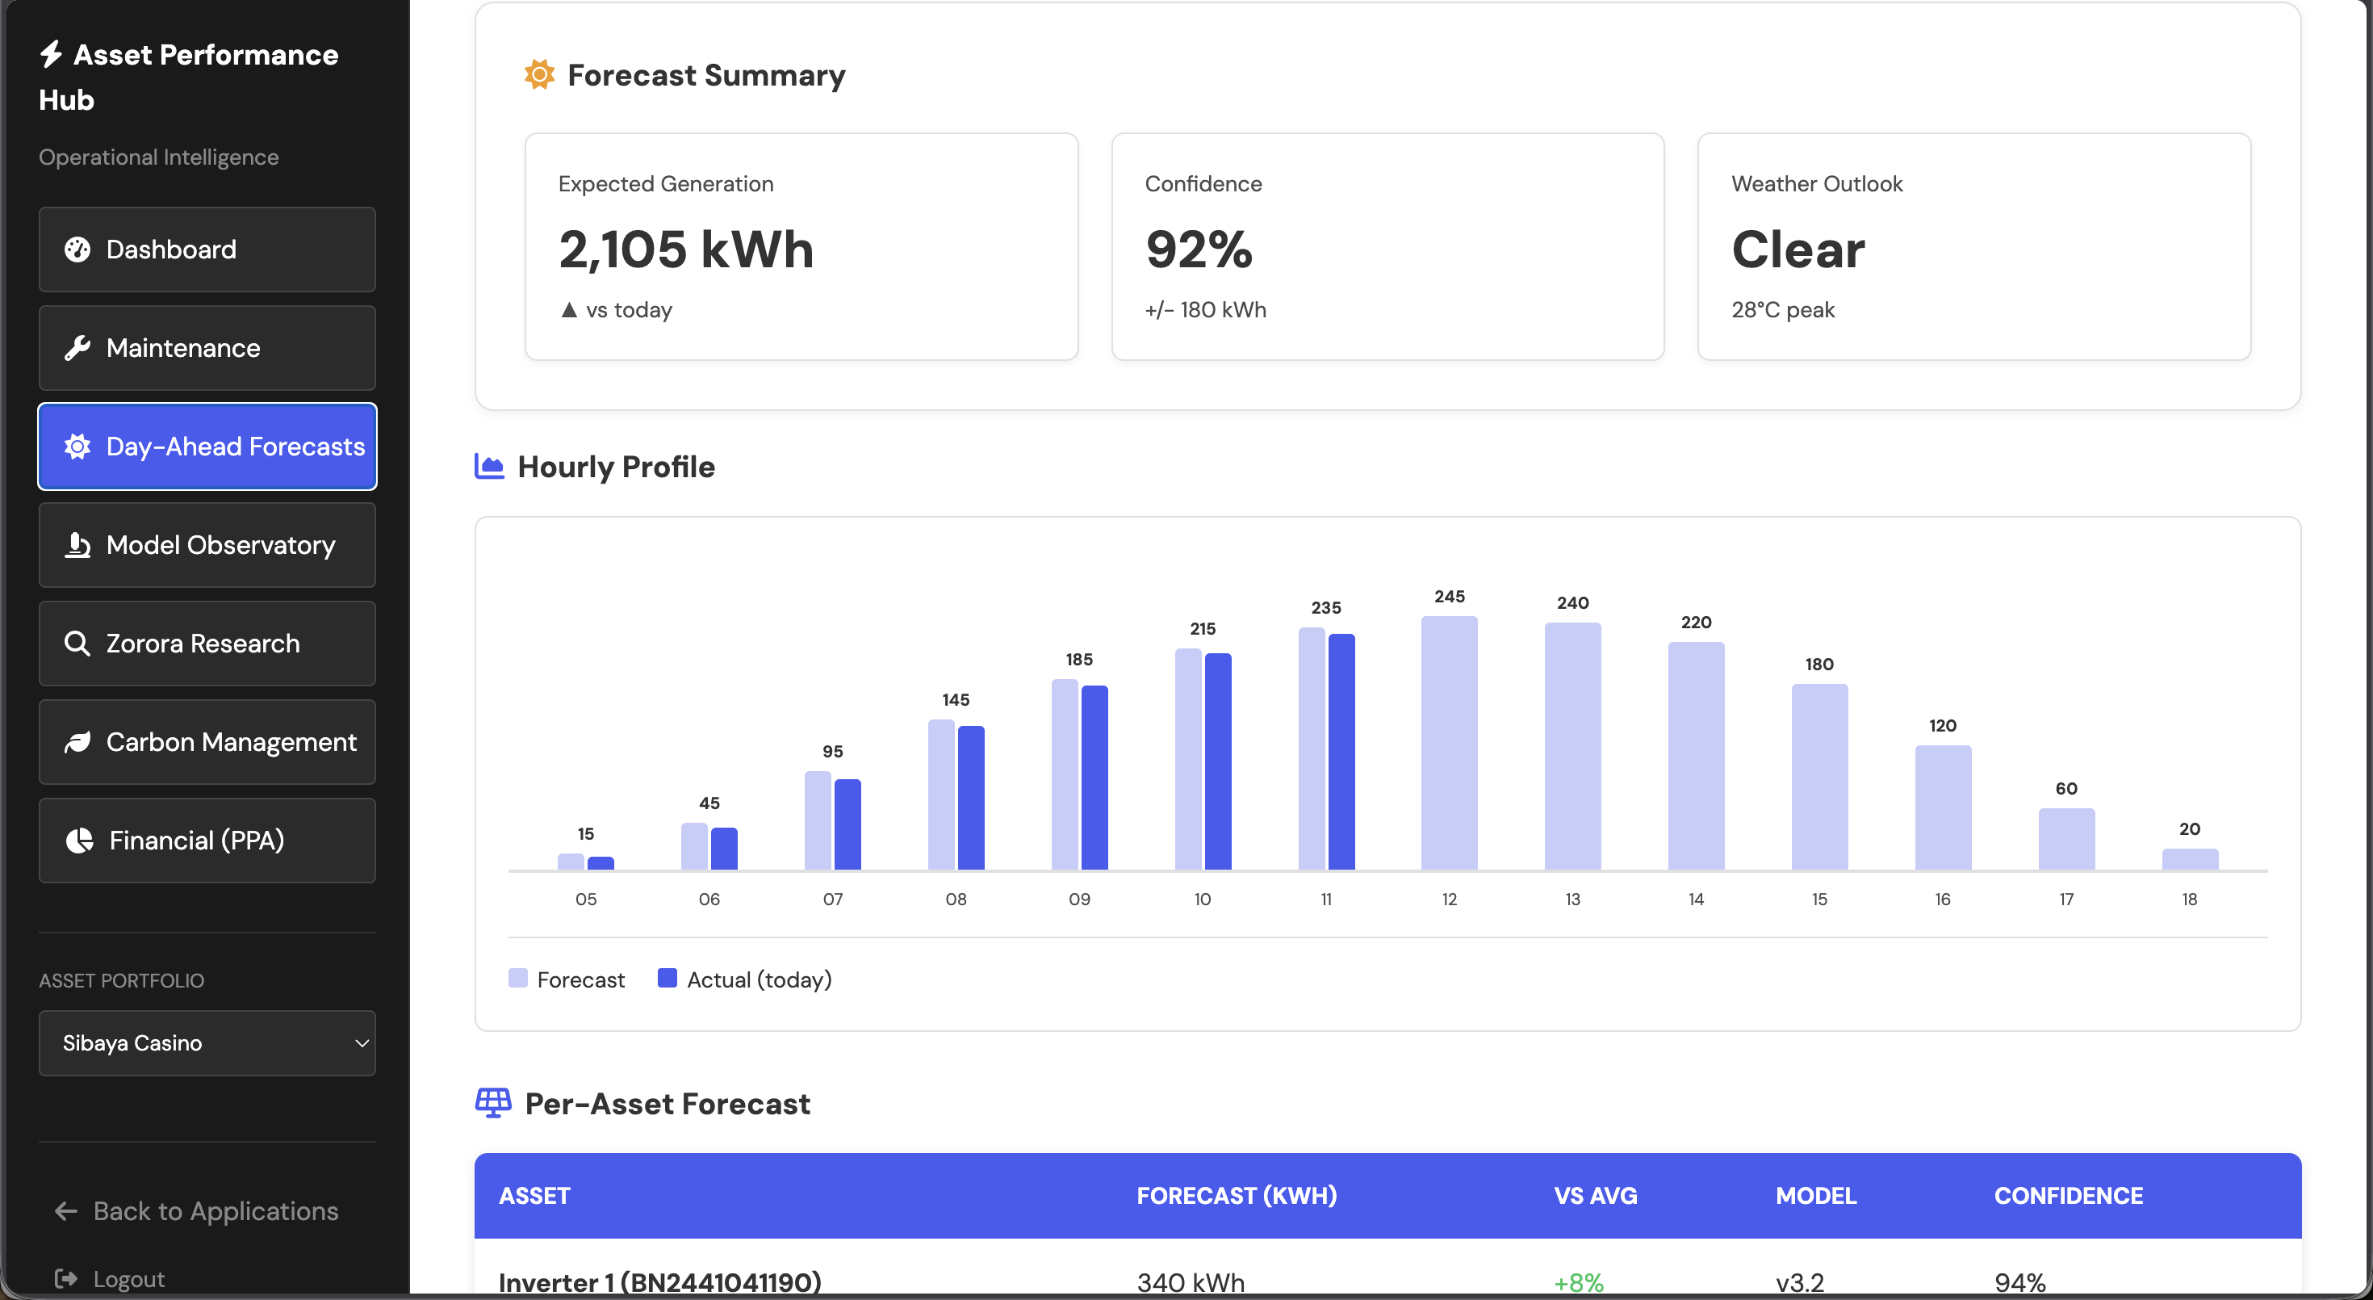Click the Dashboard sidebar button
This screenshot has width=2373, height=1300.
[207, 250]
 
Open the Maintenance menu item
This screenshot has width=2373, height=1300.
[207, 348]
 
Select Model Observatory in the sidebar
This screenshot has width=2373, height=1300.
[207, 545]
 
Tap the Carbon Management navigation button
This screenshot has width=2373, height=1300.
[207, 743]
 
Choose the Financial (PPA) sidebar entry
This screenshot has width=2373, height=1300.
[207, 841]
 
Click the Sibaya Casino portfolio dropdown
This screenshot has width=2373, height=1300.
[207, 1043]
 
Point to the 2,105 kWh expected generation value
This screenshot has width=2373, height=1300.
[686, 250]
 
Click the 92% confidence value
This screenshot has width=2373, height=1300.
[1199, 250]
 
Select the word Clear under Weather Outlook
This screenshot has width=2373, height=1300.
[1798, 250]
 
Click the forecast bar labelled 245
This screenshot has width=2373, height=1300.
[1449, 743]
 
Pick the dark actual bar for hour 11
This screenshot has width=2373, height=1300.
[1341, 752]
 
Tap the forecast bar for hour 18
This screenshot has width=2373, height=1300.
[2190, 860]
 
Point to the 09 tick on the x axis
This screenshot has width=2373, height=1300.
[1078, 900]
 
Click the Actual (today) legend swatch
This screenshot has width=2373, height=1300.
[667, 979]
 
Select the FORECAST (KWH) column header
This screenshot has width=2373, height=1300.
[1237, 1196]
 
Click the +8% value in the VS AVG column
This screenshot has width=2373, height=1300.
[1578, 1282]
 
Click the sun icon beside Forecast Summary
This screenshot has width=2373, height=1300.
[539, 74]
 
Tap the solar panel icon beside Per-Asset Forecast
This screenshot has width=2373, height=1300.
[493, 1103]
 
